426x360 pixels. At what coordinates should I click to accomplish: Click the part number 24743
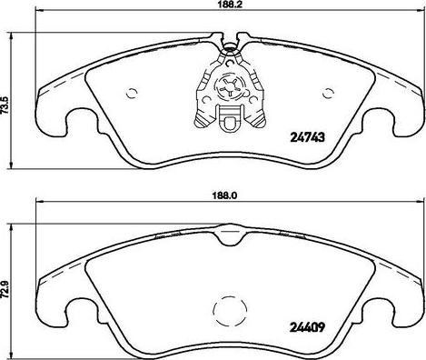click(307, 137)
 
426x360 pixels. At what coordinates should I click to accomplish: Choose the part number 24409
click(307, 327)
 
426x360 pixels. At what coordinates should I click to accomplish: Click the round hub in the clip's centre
click(230, 87)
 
